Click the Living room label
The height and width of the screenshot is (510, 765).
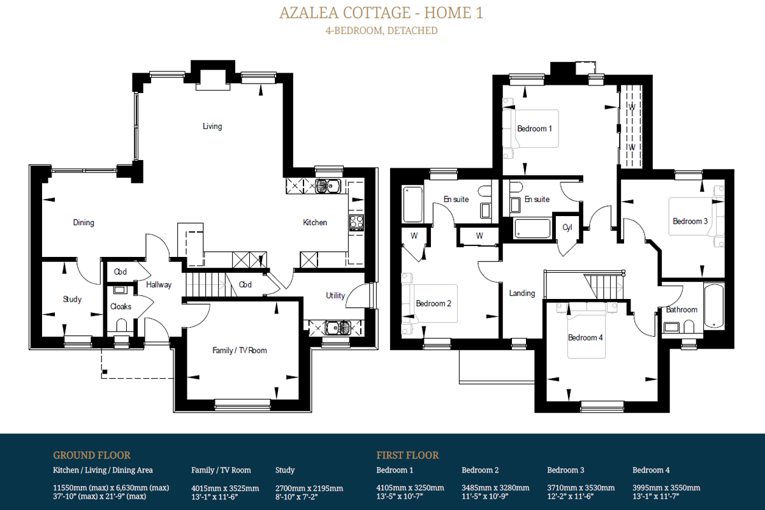[212, 126]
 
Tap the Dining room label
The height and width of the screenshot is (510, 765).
[84, 222]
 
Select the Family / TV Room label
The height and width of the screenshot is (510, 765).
[240, 350]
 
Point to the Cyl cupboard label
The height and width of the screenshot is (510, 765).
[567, 228]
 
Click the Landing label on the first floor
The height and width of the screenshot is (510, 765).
[522, 293]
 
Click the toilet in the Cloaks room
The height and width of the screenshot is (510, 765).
[121, 325]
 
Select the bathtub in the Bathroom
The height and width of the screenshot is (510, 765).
[713, 306]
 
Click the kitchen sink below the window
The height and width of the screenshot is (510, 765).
[328, 186]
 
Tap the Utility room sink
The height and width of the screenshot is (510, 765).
[337, 328]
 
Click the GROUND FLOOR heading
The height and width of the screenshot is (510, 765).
[92, 455]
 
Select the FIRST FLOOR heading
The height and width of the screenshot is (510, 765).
[407, 455]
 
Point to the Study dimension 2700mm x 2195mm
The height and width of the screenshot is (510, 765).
[309, 488]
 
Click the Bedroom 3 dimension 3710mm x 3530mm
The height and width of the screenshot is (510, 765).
[581, 488]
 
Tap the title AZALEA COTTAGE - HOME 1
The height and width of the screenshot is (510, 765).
[381, 13]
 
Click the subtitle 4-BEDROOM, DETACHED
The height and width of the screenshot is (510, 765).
[381, 31]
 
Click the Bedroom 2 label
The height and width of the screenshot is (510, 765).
[433, 303]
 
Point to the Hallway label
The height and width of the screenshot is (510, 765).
[159, 284]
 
